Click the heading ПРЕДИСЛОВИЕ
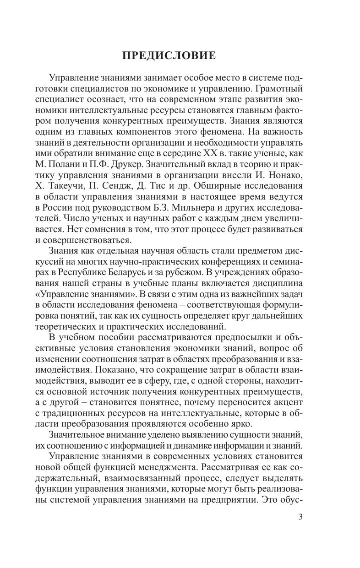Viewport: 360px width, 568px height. (x=169, y=56)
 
